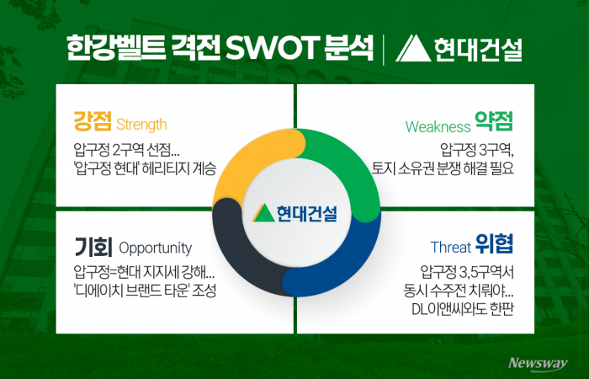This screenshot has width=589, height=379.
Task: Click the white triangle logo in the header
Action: (x=412, y=48)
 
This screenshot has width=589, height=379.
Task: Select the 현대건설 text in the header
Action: (x=477, y=48)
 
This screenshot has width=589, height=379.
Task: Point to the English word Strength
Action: (x=142, y=125)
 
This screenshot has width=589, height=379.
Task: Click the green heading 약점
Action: (x=493, y=124)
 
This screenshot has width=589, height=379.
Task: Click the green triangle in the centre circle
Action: (x=263, y=211)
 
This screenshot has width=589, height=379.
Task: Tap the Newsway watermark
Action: (x=538, y=362)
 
